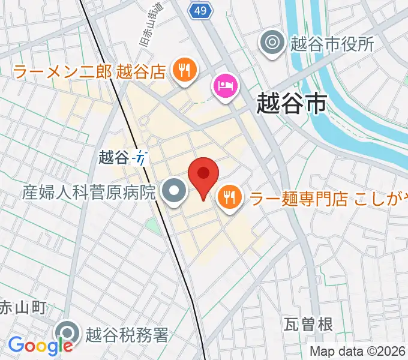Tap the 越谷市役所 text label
click(331, 43)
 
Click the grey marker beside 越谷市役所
click(272, 43)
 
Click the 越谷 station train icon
click(140, 158)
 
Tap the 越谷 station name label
click(113, 158)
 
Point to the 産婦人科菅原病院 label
click(89, 193)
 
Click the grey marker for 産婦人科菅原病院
click(175, 193)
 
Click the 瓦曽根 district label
click(308, 325)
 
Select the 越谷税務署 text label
click(127, 334)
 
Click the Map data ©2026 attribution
click(358, 352)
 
